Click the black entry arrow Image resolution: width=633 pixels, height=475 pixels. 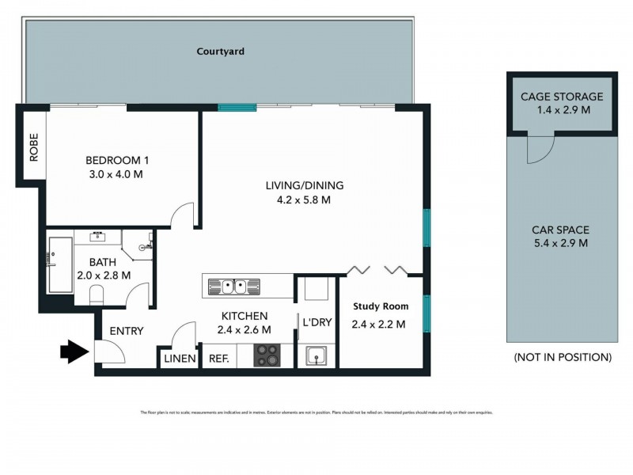[75, 351]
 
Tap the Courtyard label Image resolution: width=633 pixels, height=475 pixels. [221, 51]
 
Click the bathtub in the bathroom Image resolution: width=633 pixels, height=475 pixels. [60, 264]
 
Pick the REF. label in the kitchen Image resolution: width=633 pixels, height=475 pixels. [218, 359]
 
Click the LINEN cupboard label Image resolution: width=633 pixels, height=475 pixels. [180, 359]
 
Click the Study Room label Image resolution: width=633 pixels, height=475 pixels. [380, 306]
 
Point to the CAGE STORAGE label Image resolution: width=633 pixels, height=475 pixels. [561, 97]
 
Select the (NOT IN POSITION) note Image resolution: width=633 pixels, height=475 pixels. [562, 357]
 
